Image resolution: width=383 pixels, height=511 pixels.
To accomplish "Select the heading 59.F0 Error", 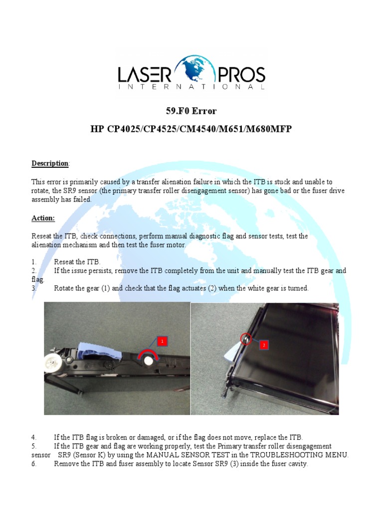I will click(x=191, y=111).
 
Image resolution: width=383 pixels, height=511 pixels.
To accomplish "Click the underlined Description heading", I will click(x=50, y=163).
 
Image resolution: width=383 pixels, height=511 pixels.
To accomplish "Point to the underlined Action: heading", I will click(x=43, y=218).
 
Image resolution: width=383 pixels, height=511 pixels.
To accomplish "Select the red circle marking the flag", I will click(x=245, y=339).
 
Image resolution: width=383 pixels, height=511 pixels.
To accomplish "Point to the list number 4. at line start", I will click(x=34, y=437).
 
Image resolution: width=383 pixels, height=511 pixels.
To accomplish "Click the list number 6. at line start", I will click(x=34, y=464).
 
